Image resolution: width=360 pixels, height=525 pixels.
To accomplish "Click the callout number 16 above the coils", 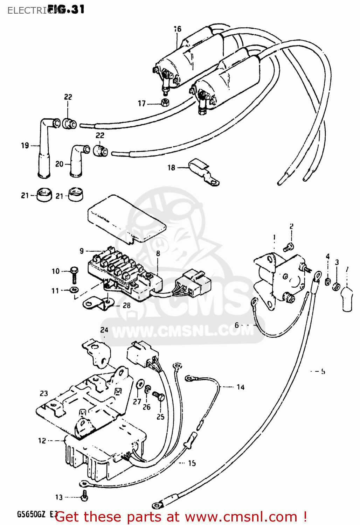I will click(x=178, y=29).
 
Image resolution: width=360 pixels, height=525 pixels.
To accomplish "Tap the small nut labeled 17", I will click(x=165, y=103).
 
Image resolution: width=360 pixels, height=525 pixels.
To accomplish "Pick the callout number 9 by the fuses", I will click(x=82, y=251).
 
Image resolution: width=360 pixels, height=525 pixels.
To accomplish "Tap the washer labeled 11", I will click(x=74, y=290).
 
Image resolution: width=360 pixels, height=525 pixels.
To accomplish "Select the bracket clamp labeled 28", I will click(x=96, y=303).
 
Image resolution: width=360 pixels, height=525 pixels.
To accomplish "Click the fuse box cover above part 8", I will click(x=126, y=218).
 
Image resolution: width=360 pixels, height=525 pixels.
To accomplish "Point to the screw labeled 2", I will click(x=289, y=247).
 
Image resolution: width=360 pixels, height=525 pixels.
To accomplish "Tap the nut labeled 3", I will click(x=336, y=286).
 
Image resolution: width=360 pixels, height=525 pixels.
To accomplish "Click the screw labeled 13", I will click(x=84, y=495).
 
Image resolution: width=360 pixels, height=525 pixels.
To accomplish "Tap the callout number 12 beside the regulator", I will click(x=42, y=441).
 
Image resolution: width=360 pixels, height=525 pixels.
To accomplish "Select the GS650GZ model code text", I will click(x=33, y=514).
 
